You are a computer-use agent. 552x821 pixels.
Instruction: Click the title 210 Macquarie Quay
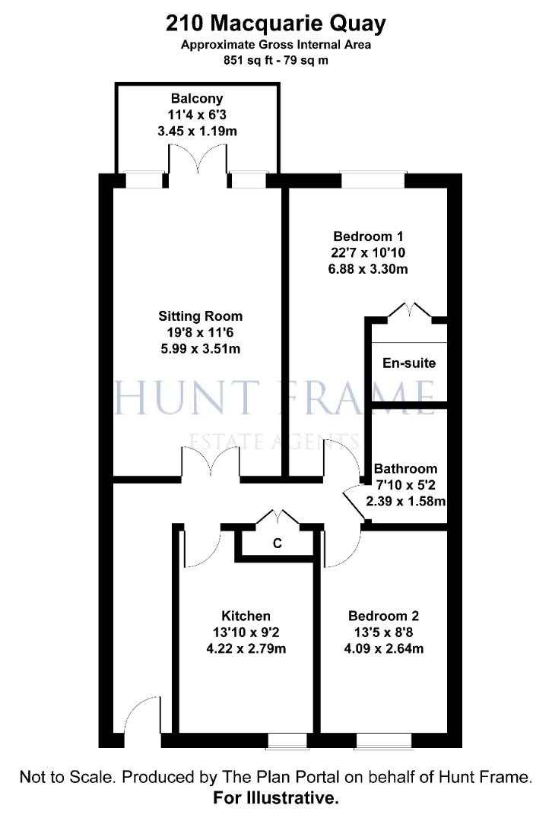pos(276,24)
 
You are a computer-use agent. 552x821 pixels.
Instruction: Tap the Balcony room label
pos(197,99)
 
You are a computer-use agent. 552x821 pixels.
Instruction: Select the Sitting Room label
pos(201,315)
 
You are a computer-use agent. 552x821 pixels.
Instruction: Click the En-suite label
pos(409,363)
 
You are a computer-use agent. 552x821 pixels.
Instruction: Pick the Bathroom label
pos(405,468)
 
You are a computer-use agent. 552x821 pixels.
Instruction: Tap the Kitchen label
pos(246,616)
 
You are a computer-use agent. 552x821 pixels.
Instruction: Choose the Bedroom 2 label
pos(383,616)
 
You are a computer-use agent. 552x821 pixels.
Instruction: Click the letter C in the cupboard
pos(278,544)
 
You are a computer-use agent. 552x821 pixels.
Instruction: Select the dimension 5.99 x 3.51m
pos(201,349)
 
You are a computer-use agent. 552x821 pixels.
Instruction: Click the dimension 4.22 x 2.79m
pos(246,649)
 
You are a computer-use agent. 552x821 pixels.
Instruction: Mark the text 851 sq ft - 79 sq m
pos(276,60)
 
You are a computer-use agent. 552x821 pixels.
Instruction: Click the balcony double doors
pos(197,160)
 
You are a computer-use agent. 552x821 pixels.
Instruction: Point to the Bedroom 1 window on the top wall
pos(373,181)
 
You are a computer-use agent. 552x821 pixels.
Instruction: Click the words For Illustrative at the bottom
pos(276,799)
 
